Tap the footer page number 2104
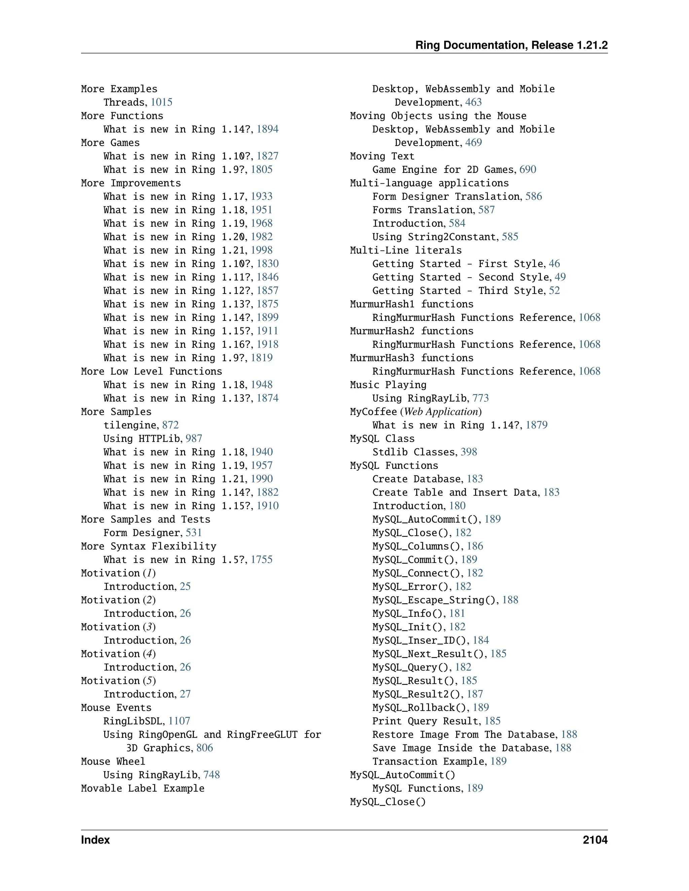595,840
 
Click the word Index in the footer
95,840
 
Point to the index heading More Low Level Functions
151,371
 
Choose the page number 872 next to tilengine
170,425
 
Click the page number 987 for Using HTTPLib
194,438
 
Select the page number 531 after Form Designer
194,533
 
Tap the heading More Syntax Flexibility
149,546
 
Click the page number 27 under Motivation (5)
185,694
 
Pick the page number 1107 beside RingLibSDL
179,721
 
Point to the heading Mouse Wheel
113,761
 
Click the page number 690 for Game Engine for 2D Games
528,169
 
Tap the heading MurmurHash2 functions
411,331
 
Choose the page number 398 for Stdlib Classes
469,452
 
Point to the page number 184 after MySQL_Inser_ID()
480,641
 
